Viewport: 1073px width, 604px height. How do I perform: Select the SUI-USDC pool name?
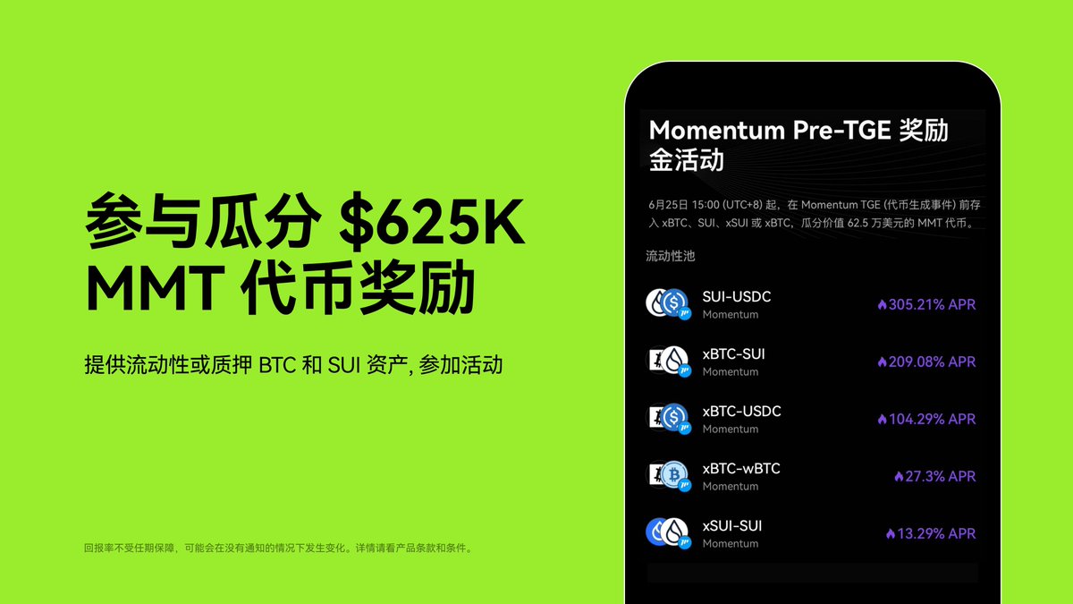tap(736, 296)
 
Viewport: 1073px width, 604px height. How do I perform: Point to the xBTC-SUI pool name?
tap(733, 353)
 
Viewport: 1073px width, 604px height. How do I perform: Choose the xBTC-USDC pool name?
tap(741, 411)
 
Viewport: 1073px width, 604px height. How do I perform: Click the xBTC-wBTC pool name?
tap(741, 468)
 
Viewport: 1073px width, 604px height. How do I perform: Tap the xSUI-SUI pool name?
tap(731, 525)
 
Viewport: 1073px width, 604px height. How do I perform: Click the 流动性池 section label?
tap(671, 256)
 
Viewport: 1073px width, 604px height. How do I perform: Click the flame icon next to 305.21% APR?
tap(882, 305)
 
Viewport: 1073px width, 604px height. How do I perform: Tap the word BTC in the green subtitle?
tap(274, 366)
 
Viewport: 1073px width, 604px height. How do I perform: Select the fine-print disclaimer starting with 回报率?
tap(277, 548)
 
